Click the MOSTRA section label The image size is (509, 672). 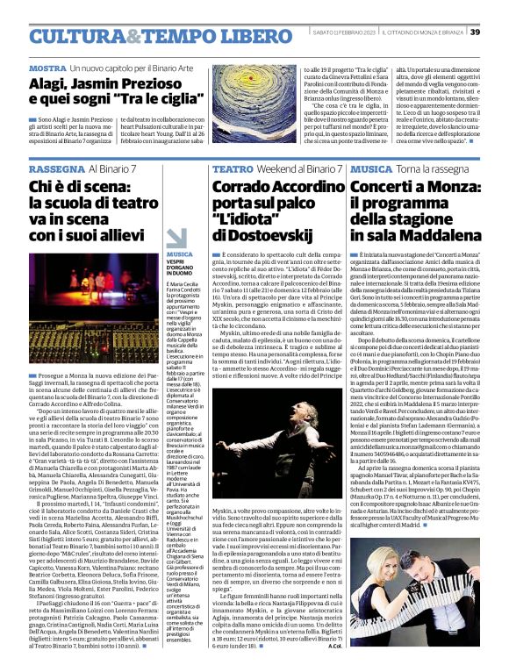coord(47,68)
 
